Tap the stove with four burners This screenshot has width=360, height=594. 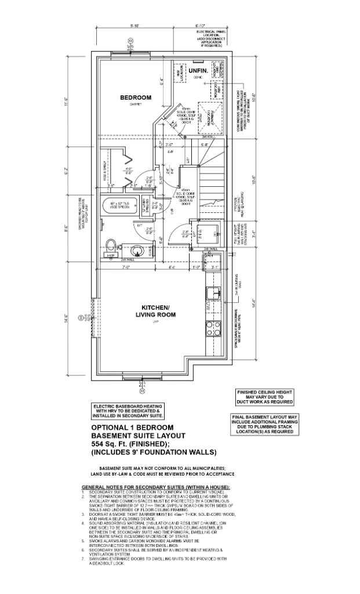click(213, 329)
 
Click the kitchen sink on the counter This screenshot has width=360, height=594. click(213, 291)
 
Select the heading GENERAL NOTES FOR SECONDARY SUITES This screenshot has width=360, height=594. click(156, 486)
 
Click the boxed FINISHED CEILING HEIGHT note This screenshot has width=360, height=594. click(264, 397)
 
